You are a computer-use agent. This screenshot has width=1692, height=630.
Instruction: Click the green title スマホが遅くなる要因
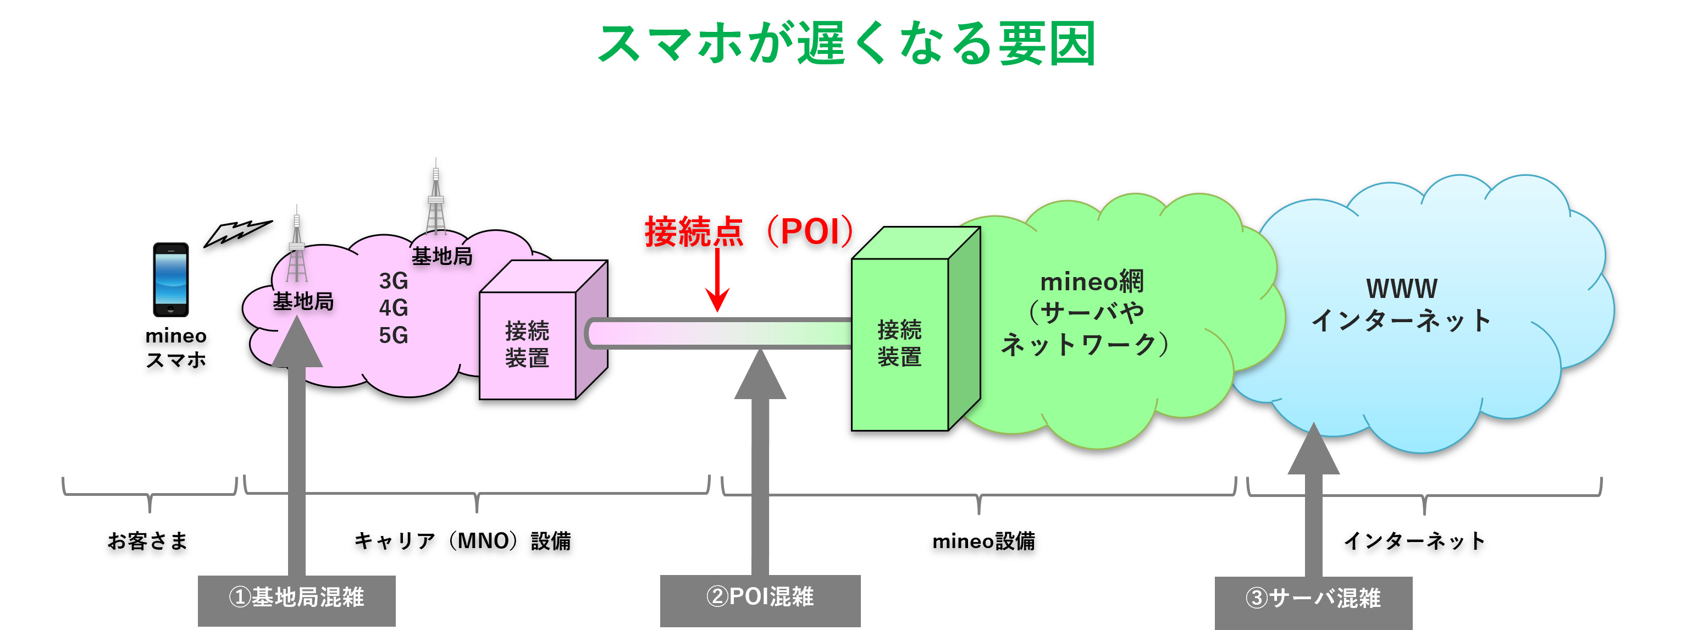(846, 43)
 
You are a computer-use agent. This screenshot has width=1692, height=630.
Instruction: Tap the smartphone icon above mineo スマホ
(171, 280)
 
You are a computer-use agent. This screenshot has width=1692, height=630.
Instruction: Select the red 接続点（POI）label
(749, 231)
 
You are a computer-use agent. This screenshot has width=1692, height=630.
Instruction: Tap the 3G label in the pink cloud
(394, 281)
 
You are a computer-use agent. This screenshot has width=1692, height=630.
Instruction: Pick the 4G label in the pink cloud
(394, 308)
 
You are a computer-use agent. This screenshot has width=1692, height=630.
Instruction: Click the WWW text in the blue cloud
(1402, 289)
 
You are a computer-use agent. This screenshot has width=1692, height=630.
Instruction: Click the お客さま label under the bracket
(148, 541)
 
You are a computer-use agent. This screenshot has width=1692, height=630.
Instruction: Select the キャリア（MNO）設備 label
(462, 541)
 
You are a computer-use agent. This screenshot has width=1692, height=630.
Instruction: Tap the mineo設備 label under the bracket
(983, 541)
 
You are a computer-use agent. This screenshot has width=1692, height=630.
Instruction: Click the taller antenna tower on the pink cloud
(435, 200)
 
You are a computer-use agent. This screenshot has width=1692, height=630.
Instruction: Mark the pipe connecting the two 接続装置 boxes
(719, 333)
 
